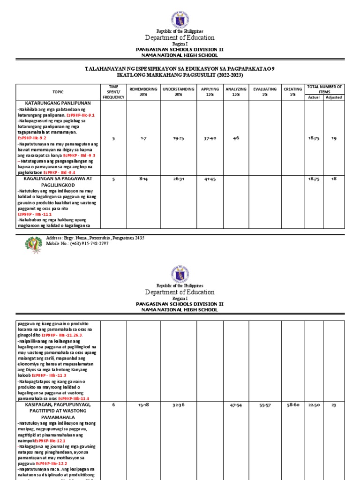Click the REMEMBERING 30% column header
point(141,91)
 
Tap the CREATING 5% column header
point(292,91)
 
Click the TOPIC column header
point(58,92)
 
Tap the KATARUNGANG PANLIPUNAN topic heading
point(58,103)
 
